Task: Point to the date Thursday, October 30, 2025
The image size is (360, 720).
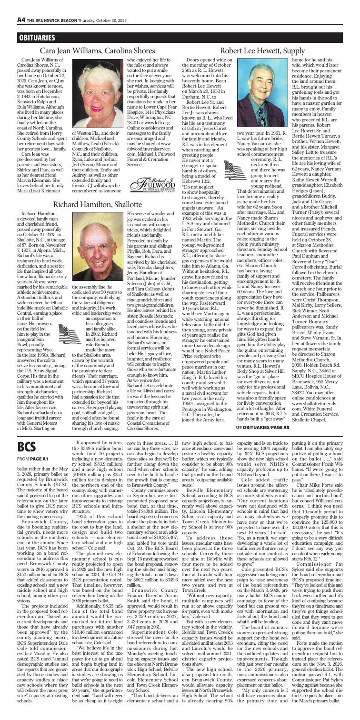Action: pos(109,6)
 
